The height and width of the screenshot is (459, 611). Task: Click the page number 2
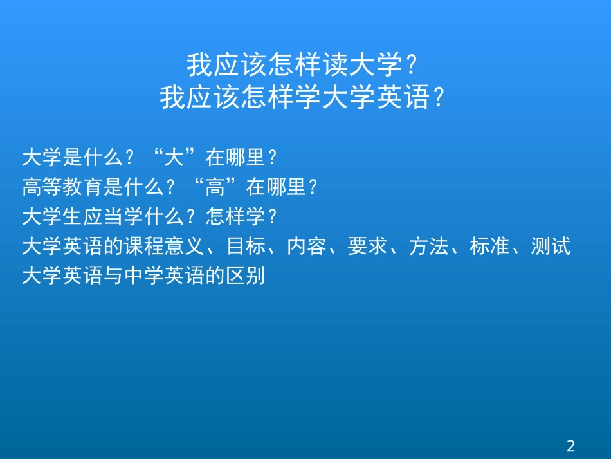point(570,445)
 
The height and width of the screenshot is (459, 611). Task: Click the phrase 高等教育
point(52,187)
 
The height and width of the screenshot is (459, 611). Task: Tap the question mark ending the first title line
point(414,65)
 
